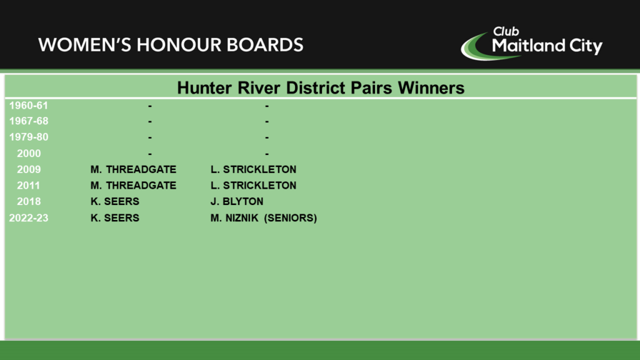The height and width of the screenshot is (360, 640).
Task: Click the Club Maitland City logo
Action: pyautogui.click(x=531, y=43)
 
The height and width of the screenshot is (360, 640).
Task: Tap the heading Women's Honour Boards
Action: pyautogui.click(x=171, y=45)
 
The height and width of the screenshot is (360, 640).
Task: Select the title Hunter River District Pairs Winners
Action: pyautogui.click(x=321, y=87)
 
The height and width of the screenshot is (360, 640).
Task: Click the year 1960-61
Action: pyautogui.click(x=29, y=106)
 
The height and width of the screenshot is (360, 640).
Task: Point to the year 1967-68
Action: pyautogui.click(x=29, y=121)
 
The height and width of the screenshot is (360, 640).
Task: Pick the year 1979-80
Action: pyautogui.click(x=29, y=137)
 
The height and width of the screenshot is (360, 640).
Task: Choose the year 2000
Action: pyautogui.click(x=29, y=154)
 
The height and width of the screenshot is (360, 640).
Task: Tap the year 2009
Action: pyautogui.click(x=29, y=169)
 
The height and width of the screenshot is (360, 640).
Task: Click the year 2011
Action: pyautogui.click(x=29, y=186)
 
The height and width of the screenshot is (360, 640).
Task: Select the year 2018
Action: pyautogui.click(x=29, y=202)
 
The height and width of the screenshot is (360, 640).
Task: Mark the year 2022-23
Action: pyautogui.click(x=29, y=218)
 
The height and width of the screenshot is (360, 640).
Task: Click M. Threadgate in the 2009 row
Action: pyautogui.click(x=134, y=169)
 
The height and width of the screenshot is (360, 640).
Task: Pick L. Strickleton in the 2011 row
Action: pyautogui.click(x=254, y=186)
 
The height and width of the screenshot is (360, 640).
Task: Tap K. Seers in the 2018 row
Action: pyautogui.click(x=115, y=202)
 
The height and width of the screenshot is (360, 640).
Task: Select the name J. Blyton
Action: pyautogui.click(x=237, y=202)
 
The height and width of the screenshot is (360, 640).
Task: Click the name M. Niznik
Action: pyautogui.click(x=234, y=218)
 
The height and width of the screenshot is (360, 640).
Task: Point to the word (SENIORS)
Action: pyautogui.click(x=291, y=218)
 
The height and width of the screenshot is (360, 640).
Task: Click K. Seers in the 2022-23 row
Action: pyautogui.click(x=115, y=218)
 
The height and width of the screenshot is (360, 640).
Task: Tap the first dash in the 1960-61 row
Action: pyautogui.click(x=150, y=106)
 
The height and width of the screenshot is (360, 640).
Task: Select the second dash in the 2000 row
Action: pyautogui.click(x=267, y=154)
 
